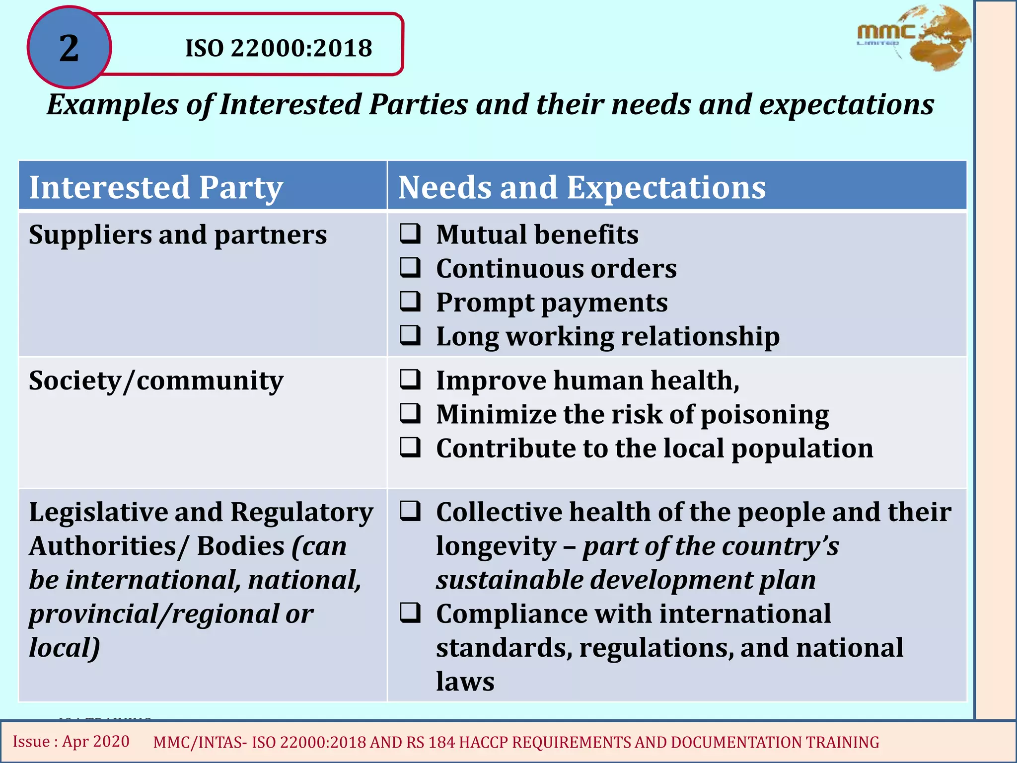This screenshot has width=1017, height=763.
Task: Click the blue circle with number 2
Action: [x=69, y=48]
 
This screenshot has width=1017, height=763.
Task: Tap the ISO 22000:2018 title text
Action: [x=279, y=48]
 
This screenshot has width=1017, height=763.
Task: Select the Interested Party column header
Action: [x=156, y=187]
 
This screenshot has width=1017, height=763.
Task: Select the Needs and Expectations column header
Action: [x=582, y=187]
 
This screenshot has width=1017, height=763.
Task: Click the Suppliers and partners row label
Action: [x=178, y=234]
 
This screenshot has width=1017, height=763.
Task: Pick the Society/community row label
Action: [x=156, y=381]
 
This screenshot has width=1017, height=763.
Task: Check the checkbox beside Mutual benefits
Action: [x=411, y=233]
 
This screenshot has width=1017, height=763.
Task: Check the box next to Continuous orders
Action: [x=411, y=267]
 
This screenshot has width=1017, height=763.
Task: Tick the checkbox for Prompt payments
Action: [x=411, y=301]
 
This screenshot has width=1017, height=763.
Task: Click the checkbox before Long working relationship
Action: [x=411, y=335]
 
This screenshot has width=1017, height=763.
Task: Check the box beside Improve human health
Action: [x=411, y=380]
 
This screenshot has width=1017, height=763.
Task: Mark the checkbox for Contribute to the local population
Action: [x=411, y=447]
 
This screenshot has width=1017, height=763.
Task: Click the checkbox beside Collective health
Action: [x=411, y=511]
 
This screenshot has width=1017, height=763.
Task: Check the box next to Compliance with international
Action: [x=411, y=613]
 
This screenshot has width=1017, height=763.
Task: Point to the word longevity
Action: [x=496, y=546]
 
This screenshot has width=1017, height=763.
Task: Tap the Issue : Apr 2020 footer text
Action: [x=71, y=741]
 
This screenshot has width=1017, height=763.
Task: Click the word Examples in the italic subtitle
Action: [x=112, y=105]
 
